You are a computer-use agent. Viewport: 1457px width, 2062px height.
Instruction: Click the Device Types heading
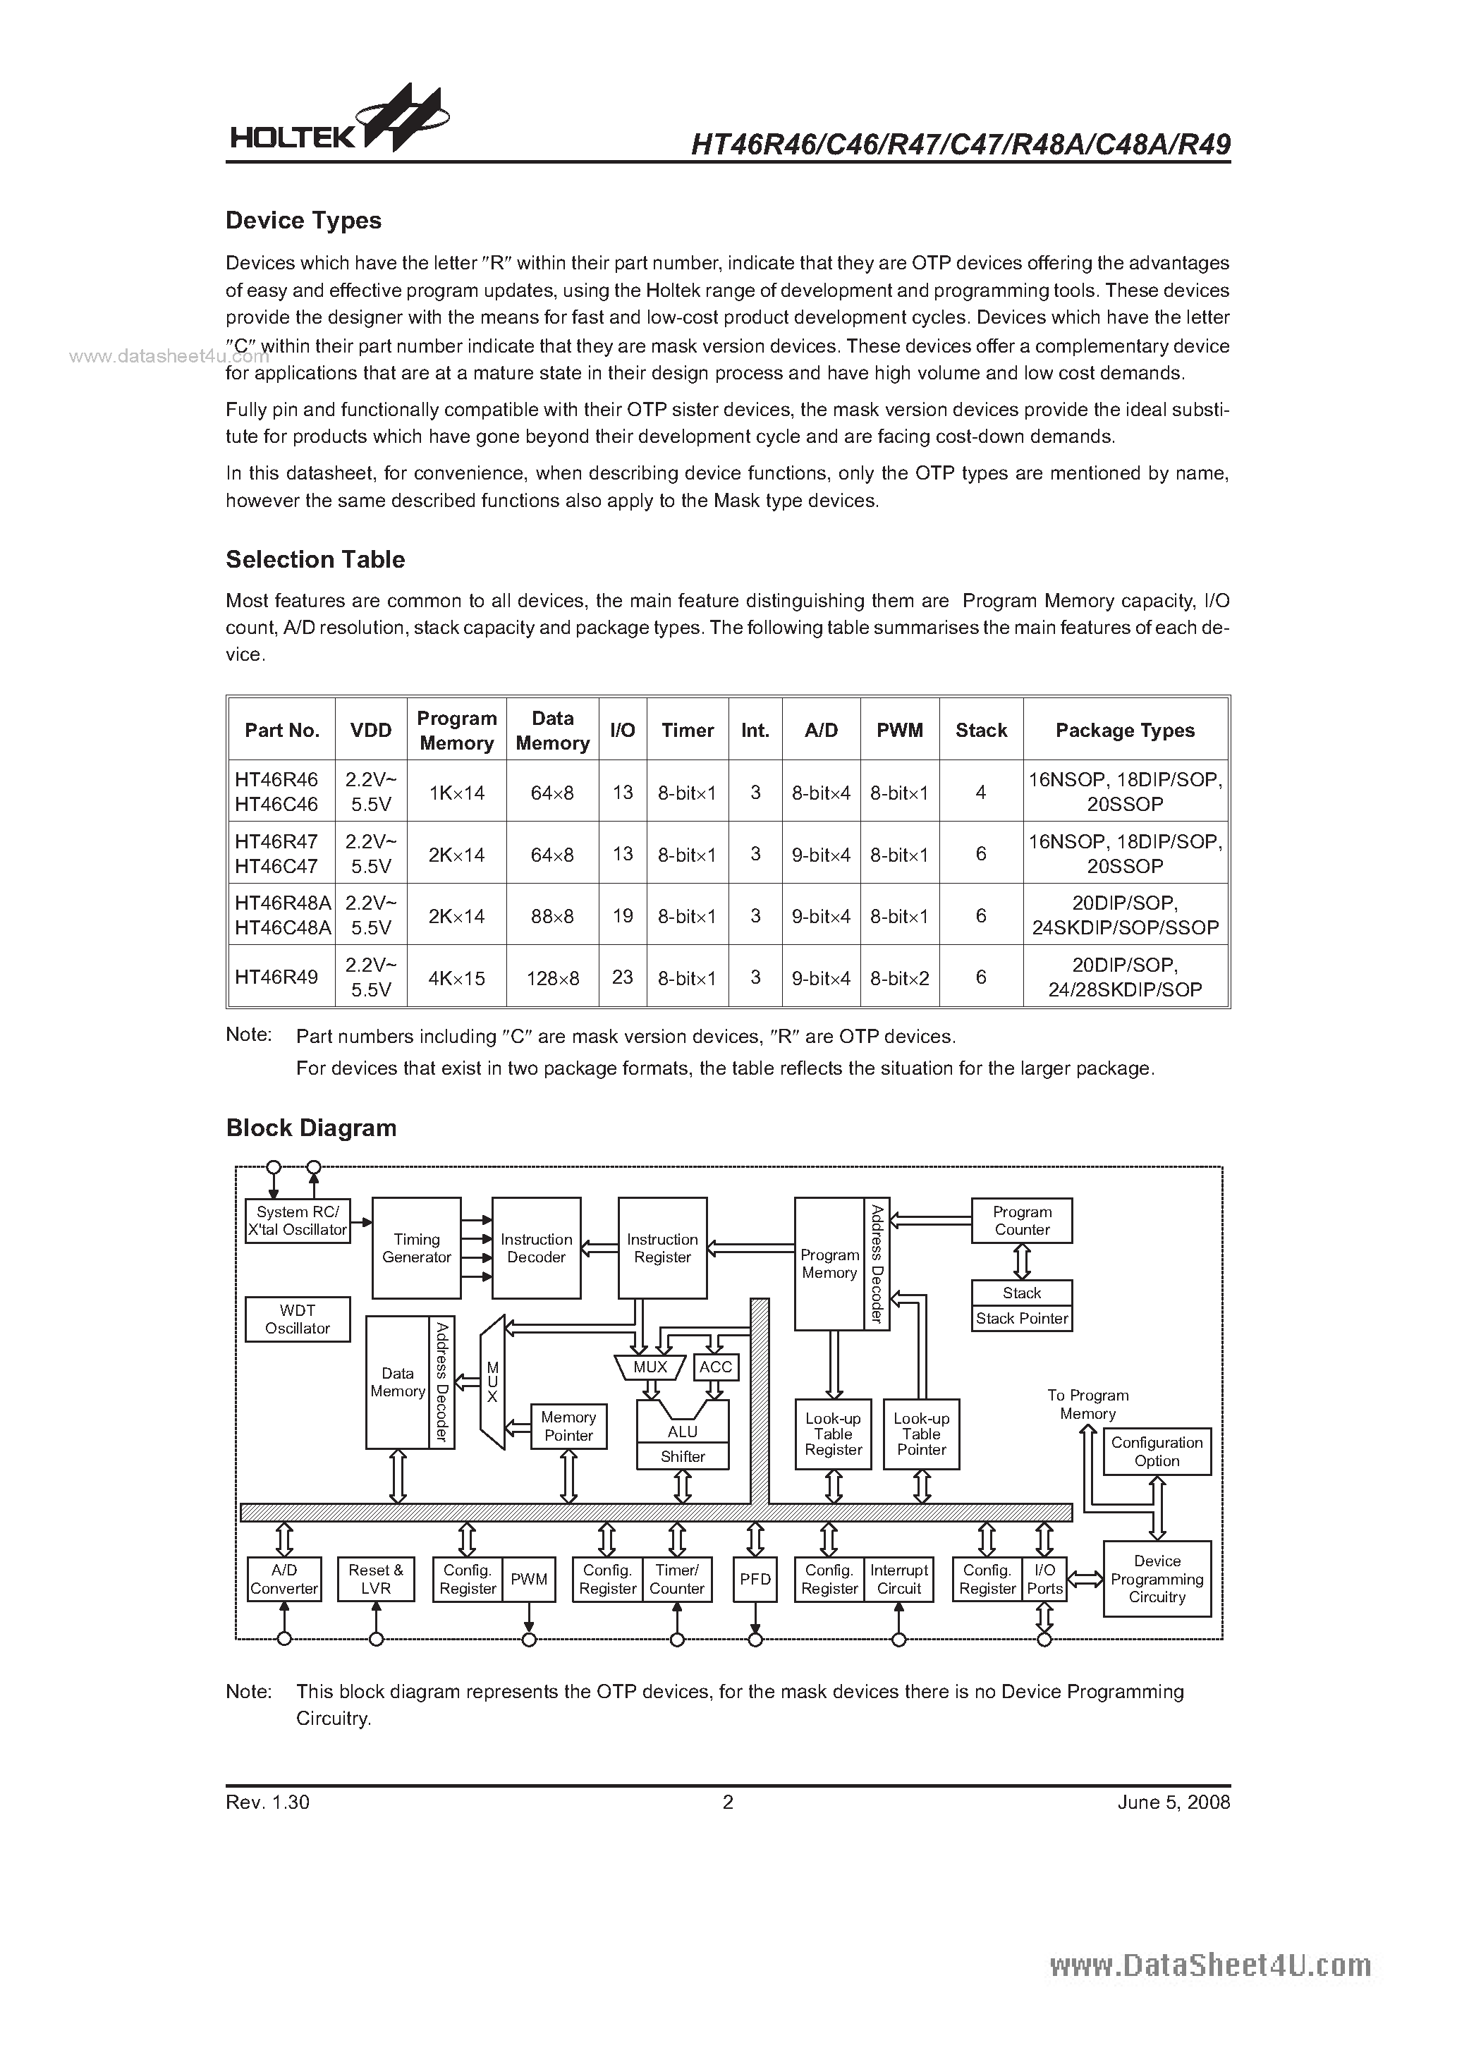point(304,221)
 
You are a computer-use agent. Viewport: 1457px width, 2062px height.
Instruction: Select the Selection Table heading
point(315,559)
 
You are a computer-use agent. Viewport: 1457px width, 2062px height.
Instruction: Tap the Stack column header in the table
point(981,730)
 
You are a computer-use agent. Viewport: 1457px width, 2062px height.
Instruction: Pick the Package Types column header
point(1125,730)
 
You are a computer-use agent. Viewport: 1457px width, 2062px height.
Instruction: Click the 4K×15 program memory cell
point(456,977)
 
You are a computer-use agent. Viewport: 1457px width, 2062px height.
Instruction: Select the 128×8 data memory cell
point(552,977)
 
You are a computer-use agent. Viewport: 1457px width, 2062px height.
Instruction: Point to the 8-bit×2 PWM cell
point(899,977)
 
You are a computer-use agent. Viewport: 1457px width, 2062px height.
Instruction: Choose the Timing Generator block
point(417,1247)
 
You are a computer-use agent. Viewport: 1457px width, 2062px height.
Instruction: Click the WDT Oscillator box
point(298,1319)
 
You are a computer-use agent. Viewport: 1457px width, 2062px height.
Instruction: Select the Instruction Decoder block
point(536,1247)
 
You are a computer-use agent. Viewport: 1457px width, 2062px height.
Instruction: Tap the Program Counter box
point(1021,1221)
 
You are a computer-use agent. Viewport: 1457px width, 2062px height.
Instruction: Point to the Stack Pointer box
point(1021,1319)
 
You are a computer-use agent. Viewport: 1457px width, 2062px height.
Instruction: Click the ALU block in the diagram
point(683,1432)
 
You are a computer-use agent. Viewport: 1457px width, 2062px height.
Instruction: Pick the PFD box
point(755,1579)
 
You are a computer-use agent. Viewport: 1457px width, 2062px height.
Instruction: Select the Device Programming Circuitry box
point(1157,1579)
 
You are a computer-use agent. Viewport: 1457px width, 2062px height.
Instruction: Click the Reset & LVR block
point(375,1579)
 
